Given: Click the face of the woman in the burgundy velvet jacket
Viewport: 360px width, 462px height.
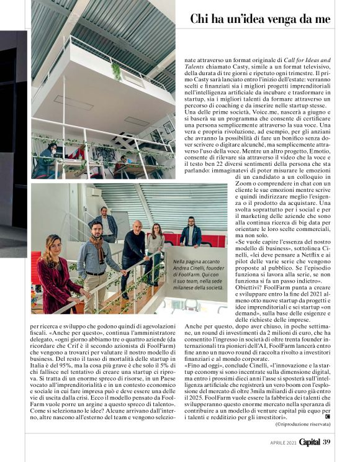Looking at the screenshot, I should pos(49,245).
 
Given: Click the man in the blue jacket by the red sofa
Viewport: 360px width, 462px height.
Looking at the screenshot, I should pos(192,233).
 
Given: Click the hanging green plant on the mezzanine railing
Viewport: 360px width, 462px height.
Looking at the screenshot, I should pos(116,71).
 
